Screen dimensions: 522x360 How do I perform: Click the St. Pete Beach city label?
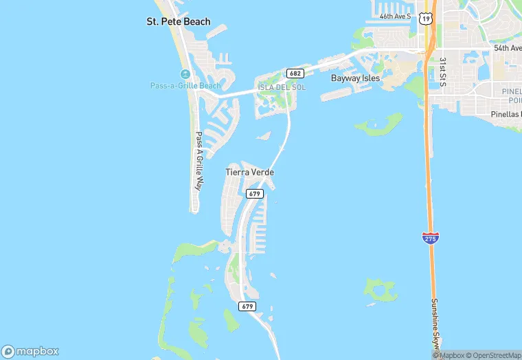point(179,22)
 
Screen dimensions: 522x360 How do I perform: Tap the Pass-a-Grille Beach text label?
point(186,85)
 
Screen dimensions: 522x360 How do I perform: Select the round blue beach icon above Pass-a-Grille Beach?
point(185,74)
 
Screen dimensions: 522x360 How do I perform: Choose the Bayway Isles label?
point(355,78)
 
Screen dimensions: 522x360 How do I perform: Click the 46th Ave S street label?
point(395,15)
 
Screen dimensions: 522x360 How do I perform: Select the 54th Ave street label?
point(507,48)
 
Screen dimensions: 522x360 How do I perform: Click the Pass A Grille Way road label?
point(198,161)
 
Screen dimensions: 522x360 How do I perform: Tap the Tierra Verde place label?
point(245,172)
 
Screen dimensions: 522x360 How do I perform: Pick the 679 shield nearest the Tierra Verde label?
point(255,194)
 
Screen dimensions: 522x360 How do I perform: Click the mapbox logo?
point(30,350)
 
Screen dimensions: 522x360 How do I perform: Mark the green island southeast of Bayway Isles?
point(377,125)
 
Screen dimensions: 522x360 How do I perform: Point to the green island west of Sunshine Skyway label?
point(380,290)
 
